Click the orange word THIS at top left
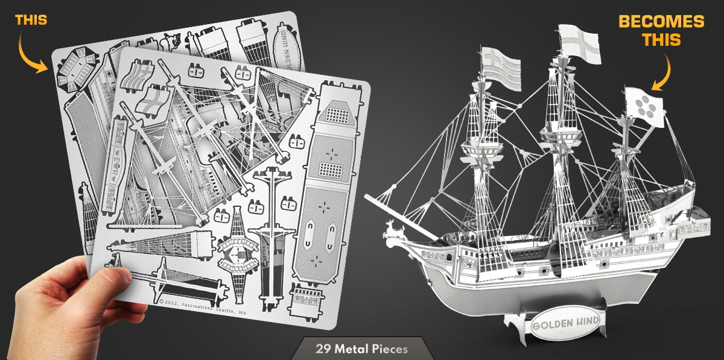(x=31, y=20)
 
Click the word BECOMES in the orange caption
(x=661, y=22)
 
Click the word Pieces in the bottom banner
(x=388, y=349)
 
